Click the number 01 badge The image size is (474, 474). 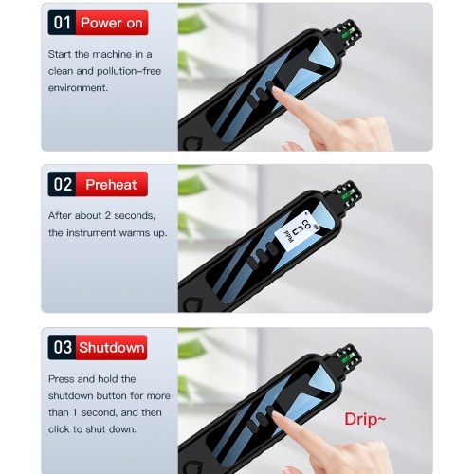(x=62, y=23)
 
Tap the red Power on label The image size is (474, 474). (x=112, y=23)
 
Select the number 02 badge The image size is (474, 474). (x=62, y=184)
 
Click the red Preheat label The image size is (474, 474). (x=112, y=184)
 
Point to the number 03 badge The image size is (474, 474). (x=62, y=347)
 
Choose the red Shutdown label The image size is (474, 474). (x=112, y=347)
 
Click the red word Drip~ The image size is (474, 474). (x=365, y=419)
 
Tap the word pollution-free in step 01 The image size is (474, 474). (x=129, y=71)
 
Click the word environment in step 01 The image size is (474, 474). (x=77, y=88)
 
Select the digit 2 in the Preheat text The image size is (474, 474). (x=108, y=215)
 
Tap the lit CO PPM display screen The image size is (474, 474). (x=296, y=233)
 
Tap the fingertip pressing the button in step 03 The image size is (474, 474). (x=278, y=418)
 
